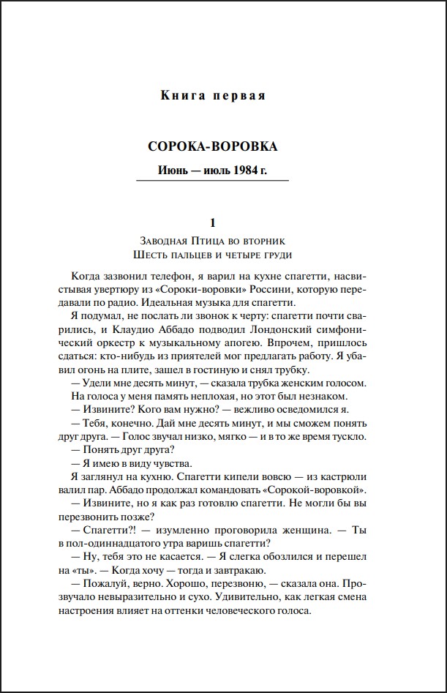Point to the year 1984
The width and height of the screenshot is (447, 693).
tap(247, 171)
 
